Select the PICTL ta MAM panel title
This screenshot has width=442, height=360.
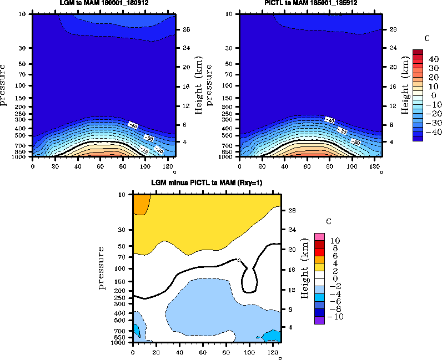[x=310, y=3]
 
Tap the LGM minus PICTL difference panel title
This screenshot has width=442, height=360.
[x=207, y=183]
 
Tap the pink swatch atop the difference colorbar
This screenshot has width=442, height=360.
[x=319, y=237]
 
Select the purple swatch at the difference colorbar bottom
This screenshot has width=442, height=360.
[x=319, y=320]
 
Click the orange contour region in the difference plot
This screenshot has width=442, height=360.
[x=140, y=204]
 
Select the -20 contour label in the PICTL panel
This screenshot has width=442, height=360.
[x=355, y=143]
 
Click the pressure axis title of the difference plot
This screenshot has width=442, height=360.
[x=102, y=268]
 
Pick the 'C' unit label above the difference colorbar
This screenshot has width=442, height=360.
[x=328, y=221]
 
